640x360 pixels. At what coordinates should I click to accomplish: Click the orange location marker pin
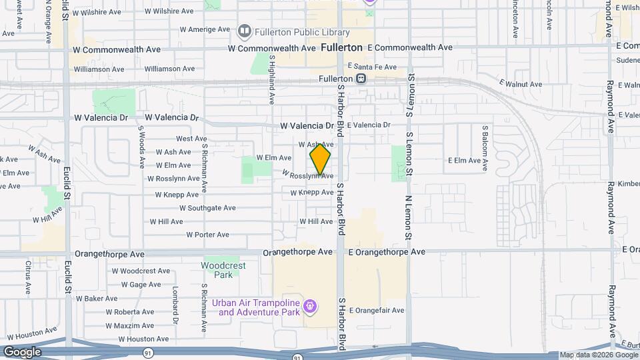pyautogui.click(x=320, y=159)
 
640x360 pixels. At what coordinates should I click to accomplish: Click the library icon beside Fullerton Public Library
pyautogui.click(x=245, y=31)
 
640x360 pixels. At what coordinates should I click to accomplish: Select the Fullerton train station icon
pyautogui.click(x=361, y=78)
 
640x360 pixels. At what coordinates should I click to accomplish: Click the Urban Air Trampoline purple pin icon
pyautogui.click(x=309, y=307)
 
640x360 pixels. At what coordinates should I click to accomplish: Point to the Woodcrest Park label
pyautogui.click(x=223, y=270)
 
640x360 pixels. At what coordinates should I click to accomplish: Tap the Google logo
pyautogui.click(x=22, y=352)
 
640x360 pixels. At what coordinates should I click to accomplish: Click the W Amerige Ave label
pyautogui.click(x=205, y=29)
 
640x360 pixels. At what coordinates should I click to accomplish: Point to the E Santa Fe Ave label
pyautogui.click(x=372, y=67)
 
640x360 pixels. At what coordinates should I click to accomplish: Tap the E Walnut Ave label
pyautogui.click(x=521, y=84)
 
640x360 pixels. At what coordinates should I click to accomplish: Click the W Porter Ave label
pyautogui.click(x=207, y=235)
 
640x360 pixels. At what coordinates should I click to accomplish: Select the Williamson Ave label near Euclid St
pyautogui.click(x=99, y=69)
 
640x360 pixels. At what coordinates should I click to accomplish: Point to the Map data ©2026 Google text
pyautogui.click(x=598, y=355)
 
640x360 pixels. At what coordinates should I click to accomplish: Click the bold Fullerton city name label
pyautogui.click(x=341, y=47)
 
